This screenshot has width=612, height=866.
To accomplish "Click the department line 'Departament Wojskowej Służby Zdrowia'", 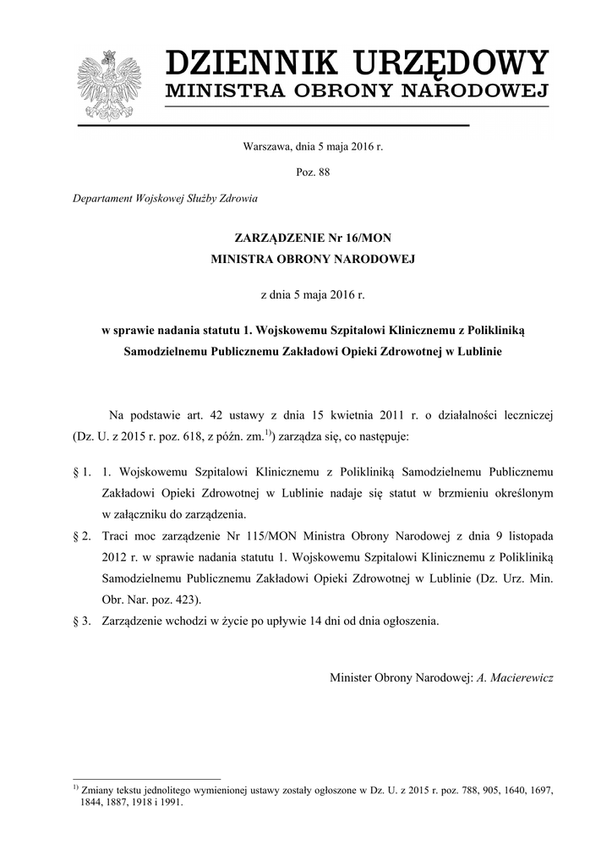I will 166,199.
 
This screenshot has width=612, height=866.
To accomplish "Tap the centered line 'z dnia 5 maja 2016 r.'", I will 313,294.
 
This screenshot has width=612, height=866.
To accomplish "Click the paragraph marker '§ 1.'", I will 82,469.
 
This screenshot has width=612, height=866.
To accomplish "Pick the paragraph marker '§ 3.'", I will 82,621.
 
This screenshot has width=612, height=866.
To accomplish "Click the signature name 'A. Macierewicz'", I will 515,678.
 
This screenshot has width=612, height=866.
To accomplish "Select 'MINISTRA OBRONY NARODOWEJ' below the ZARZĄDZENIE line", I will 313,261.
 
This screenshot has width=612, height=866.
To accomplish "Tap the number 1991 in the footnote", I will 170,804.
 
